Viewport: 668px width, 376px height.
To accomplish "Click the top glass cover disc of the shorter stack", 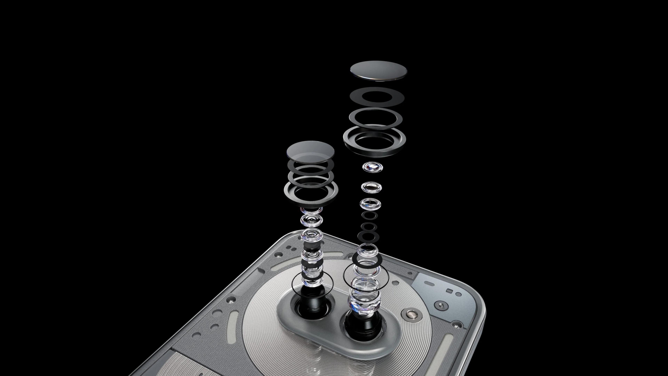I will (310, 152).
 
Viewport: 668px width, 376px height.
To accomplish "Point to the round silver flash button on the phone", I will (411, 315).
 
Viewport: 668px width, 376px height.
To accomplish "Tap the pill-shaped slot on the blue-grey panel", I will (430, 283).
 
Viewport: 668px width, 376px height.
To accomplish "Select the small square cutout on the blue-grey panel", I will (450, 291).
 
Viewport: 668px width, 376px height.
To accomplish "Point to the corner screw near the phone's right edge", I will (457, 324).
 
